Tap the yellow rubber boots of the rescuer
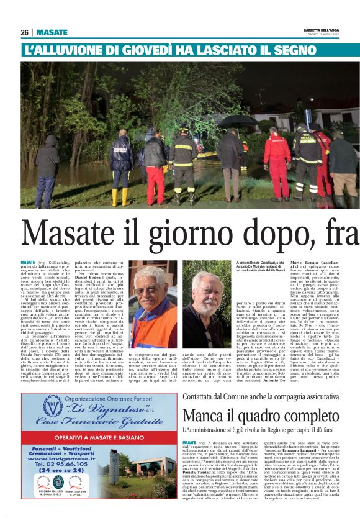[119, 196]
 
